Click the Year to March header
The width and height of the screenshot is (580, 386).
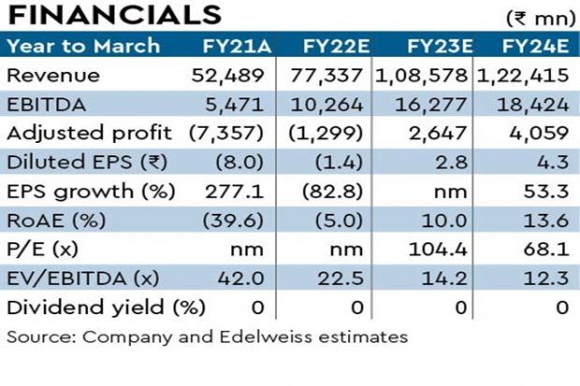pyautogui.click(x=83, y=46)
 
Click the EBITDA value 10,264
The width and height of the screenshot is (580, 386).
pyautogui.click(x=334, y=104)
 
